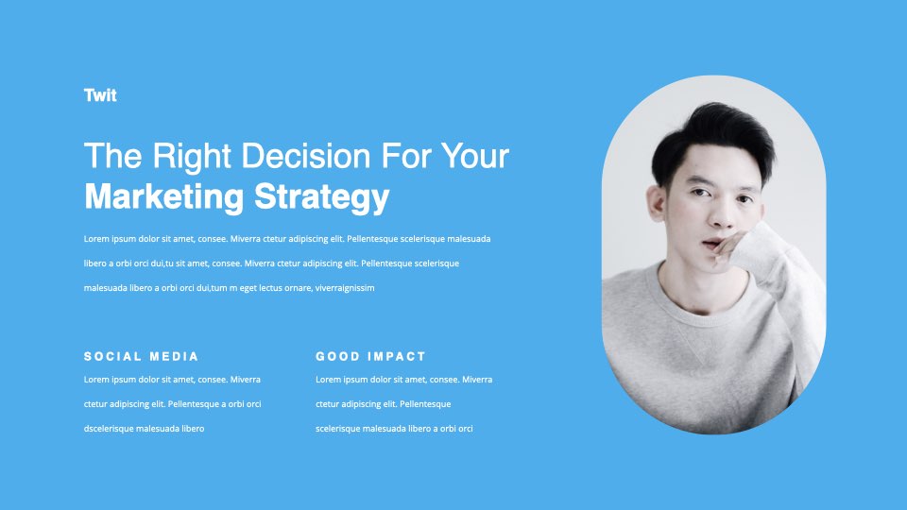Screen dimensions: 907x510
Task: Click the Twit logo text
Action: pyautogui.click(x=100, y=94)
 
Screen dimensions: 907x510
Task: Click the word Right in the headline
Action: pyautogui.click(x=192, y=157)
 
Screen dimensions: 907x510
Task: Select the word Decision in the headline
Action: pyautogui.click(x=306, y=156)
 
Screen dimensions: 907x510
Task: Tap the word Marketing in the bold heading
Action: pyautogui.click(x=164, y=197)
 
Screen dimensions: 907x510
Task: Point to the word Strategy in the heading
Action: pyautogui.click(x=322, y=197)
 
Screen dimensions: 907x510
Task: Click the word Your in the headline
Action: pyautogui.click(x=475, y=156)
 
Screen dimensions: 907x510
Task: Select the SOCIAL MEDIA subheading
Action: pyautogui.click(x=141, y=356)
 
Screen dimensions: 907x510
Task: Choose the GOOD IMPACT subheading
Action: pyautogui.click(x=370, y=356)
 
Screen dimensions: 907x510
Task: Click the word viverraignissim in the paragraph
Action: pyautogui.click(x=345, y=288)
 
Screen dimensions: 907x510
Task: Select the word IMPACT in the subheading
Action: pyautogui.click(x=397, y=356)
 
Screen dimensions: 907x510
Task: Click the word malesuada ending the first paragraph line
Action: pyautogui.click(x=469, y=239)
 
